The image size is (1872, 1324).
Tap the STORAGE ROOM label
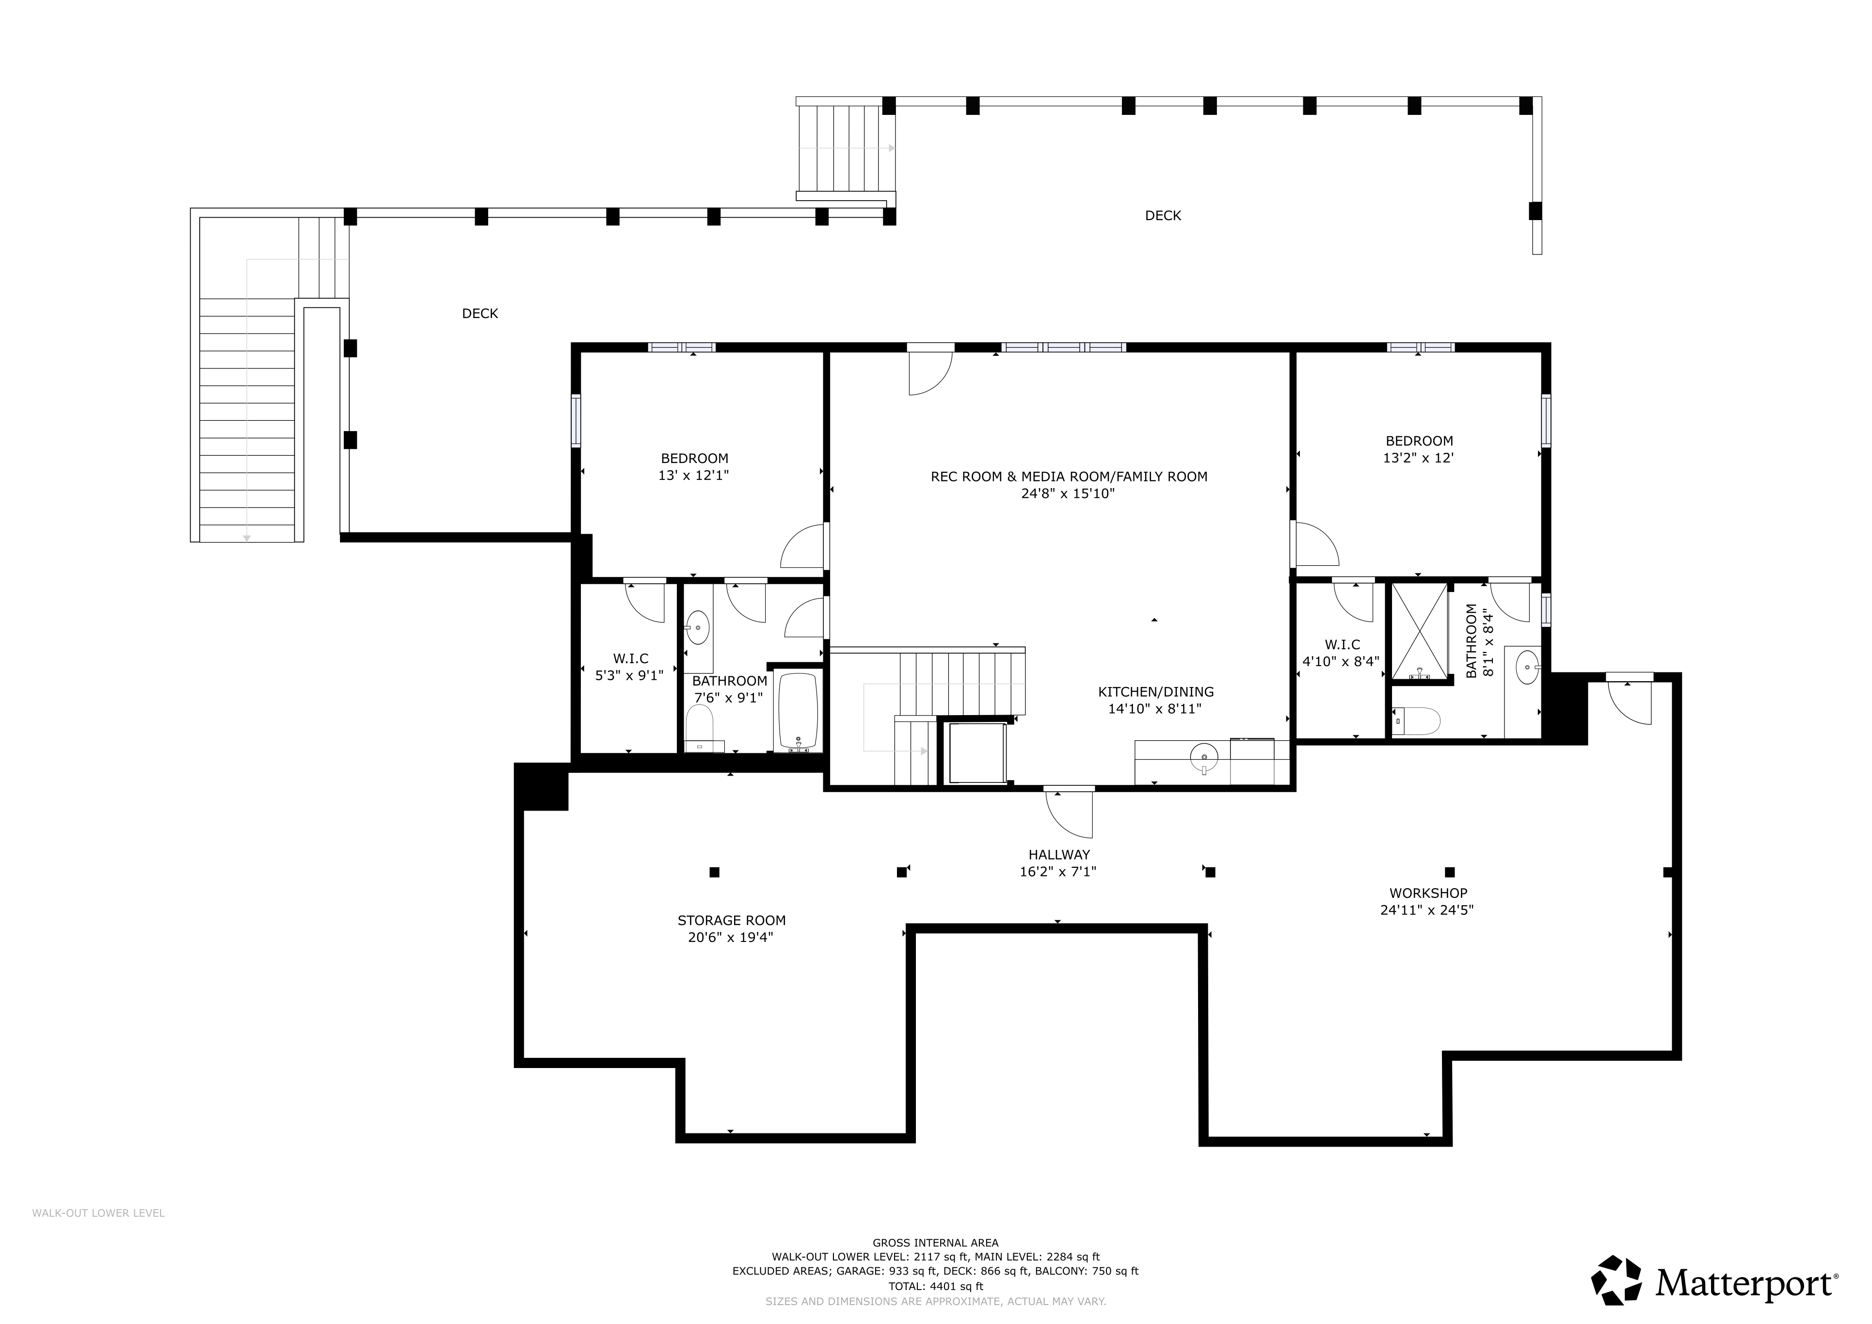[731, 921]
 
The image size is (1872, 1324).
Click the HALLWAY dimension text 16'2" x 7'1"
[1058, 872]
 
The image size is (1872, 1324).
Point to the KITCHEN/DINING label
[1155, 692]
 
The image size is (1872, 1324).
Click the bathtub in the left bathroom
[798, 711]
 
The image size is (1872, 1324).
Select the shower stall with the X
[1420, 631]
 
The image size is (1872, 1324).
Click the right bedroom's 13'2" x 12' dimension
[1419, 458]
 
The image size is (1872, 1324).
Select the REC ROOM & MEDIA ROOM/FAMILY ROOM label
[1069, 477]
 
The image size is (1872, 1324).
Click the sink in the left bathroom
[698, 628]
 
